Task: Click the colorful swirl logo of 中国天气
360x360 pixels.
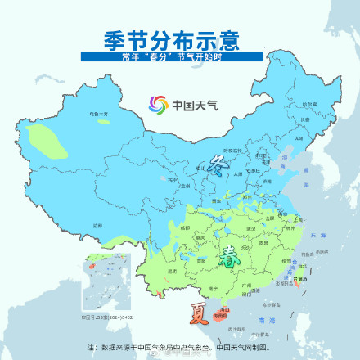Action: (156, 105)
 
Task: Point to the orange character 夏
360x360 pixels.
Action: (199, 312)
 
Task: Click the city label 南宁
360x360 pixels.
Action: (212, 288)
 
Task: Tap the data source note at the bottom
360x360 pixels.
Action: (180, 347)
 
